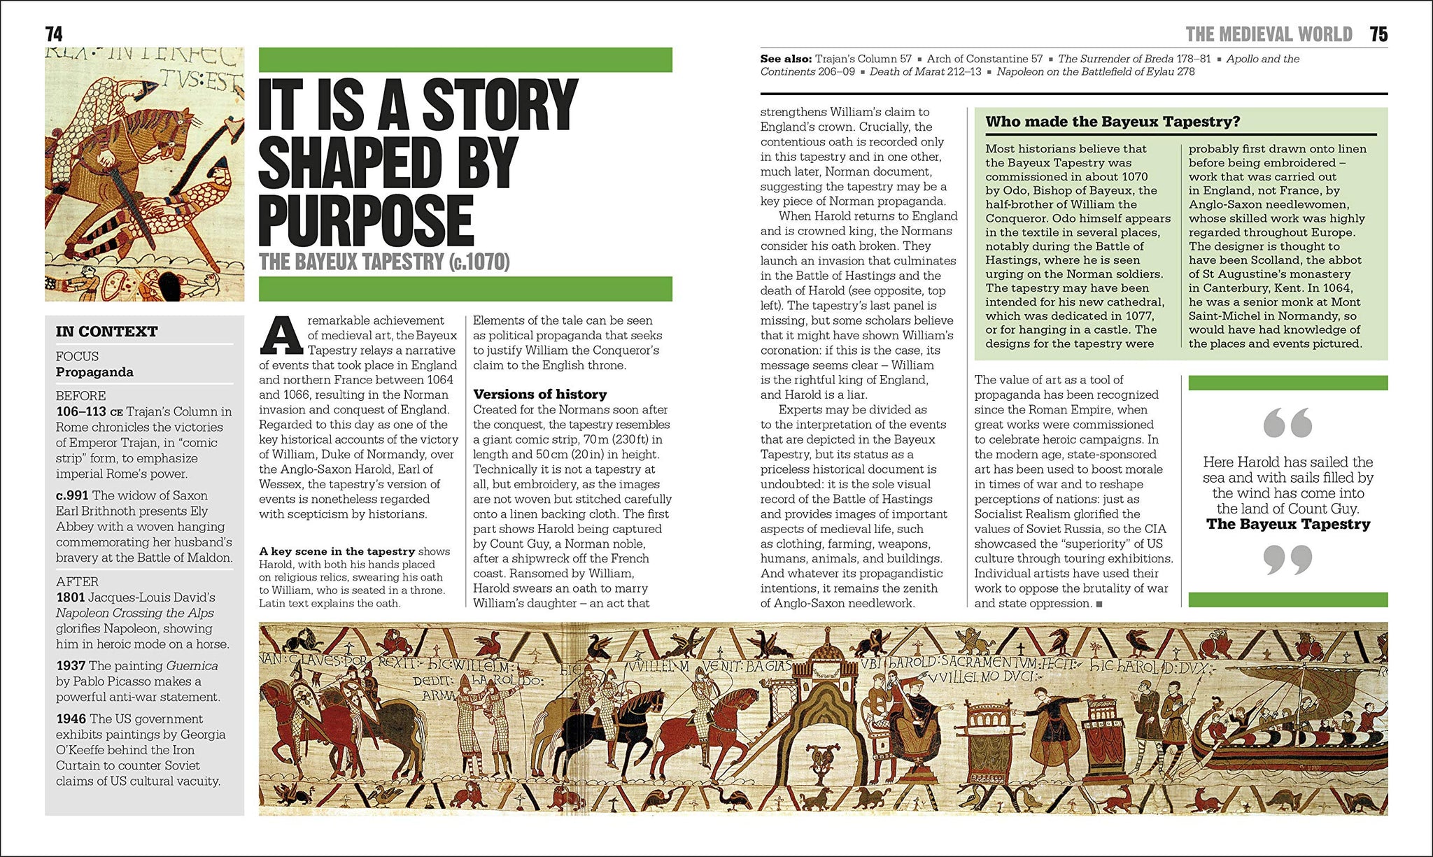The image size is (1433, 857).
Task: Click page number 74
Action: click(54, 34)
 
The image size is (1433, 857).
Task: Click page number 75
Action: click(1378, 34)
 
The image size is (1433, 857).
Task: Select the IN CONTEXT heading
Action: click(107, 332)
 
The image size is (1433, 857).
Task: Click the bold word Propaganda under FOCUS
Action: click(94, 372)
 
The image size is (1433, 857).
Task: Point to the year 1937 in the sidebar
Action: click(71, 666)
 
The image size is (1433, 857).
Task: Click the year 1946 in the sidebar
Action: click(71, 719)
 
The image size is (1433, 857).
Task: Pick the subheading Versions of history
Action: click(539, 395)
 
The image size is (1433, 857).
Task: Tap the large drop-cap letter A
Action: click(281, 337)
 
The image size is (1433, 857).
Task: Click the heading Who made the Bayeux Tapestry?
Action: click(1113, 122)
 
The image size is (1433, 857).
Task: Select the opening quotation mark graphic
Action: click(1287, 423)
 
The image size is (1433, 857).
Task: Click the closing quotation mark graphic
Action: click(1287, 560)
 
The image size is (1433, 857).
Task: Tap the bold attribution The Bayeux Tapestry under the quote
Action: click(1287, 525)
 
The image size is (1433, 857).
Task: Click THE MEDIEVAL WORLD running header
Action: click(1269, 34)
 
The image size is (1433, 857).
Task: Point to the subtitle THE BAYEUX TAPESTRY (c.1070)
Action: click(384, 262)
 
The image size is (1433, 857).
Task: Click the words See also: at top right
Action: click(786, 59)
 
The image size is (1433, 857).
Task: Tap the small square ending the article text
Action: click(1099, 604)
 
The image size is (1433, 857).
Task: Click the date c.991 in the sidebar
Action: click(72, 496)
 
